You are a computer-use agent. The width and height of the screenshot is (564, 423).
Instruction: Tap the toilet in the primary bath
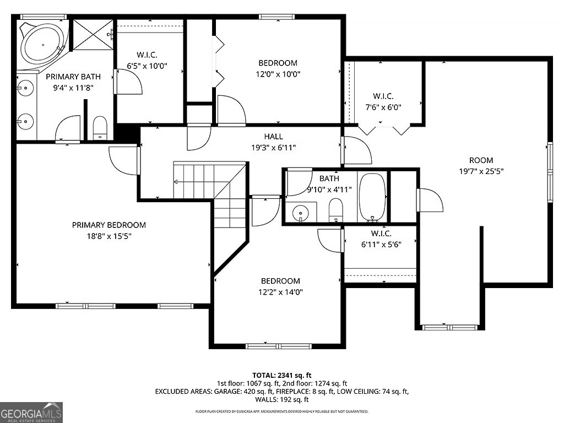[100, 128]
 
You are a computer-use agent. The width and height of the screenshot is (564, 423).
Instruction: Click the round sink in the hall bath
[300, 212]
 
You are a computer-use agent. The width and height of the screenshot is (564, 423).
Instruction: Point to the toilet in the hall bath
[335, 210]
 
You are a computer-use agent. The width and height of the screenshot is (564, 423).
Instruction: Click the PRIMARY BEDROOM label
[109, 225]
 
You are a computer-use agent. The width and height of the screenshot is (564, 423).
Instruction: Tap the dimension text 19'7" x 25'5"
[481, 171]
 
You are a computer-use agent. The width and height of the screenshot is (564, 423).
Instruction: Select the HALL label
[273, 137]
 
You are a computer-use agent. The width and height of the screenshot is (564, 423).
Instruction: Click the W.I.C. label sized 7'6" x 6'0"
[383, 96]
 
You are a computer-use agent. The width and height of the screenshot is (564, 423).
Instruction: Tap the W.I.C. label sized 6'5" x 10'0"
[147, 55]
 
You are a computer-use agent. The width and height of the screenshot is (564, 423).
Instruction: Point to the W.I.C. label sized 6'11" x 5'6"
[381, 234]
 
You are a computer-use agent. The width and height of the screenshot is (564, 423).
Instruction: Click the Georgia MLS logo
[31, 413]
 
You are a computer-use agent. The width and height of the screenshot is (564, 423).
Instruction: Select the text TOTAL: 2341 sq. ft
[282, 374]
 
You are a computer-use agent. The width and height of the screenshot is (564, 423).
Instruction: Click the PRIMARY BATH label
[69, 77]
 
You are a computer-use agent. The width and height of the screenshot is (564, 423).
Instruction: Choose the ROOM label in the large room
[481, 160]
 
